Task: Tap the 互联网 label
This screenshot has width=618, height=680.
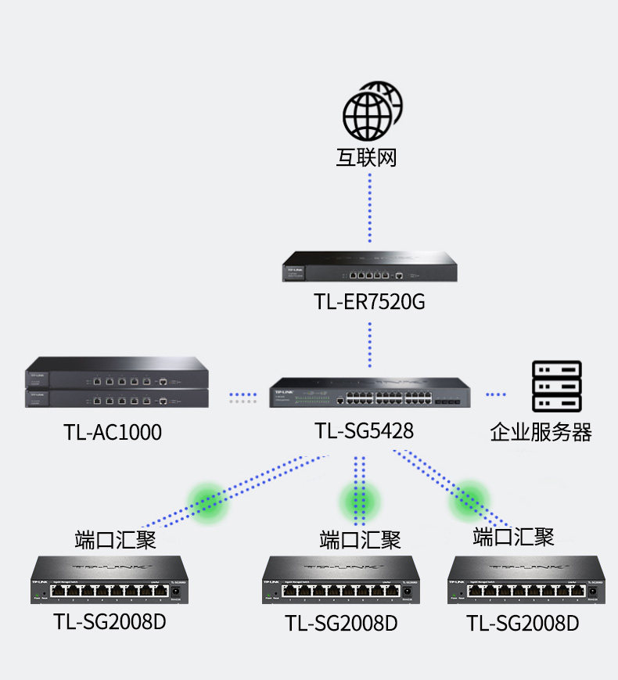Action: pos(367,158)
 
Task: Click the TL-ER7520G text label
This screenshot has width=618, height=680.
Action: pos(370,302)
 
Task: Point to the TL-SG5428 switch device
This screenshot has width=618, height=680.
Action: pos(370,394)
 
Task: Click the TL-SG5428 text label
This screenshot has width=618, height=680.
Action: pos(365,431)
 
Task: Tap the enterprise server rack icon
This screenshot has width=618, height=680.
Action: pos(556,386)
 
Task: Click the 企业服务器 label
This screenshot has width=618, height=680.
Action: pos(541,432)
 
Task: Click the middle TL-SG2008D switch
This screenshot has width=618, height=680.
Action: pos(341,581)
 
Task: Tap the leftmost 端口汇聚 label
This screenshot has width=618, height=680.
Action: pos(115,540)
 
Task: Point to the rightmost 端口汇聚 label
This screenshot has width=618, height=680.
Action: pos(513,537)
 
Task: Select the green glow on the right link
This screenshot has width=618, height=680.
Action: pos(468,498)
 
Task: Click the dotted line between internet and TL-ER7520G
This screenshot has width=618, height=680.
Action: pos(370,208)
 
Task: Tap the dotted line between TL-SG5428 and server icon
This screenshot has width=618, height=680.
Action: pos(497,394)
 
